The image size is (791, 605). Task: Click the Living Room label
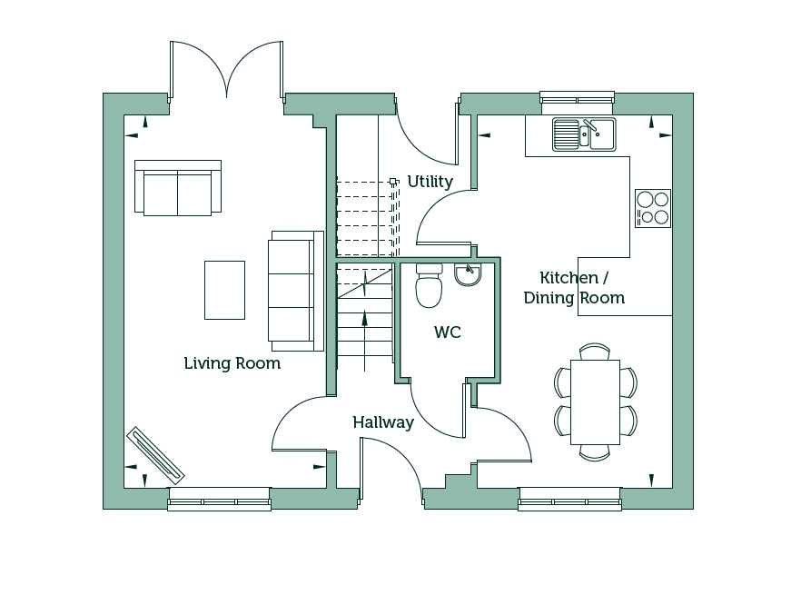(232, 363)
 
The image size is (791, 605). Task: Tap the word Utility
(430, 182)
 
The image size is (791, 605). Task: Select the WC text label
(448, 332)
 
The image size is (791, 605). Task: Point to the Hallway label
(383, 422)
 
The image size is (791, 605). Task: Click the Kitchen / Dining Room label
(574, 288)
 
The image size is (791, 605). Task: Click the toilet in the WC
(430, 285)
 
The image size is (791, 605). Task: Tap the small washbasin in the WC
(468, 274)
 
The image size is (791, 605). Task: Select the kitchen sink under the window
(584, 134)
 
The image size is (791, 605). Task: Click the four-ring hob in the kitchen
(653, 208)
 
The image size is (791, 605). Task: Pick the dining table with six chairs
(595, 402)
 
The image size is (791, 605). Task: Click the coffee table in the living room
(224, 290)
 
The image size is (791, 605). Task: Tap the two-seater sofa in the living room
(178, 188)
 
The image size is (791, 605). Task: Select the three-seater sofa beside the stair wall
(296, 292)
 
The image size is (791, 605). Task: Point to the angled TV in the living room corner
(155, 456)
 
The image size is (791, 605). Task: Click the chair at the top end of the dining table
(595, 352)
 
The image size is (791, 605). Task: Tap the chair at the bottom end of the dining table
(595, 453)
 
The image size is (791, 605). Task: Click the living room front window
(220, 499)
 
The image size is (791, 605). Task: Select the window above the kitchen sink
(577, 97)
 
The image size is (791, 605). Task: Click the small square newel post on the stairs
(393, 181)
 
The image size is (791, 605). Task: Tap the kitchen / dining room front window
(569, 499)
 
